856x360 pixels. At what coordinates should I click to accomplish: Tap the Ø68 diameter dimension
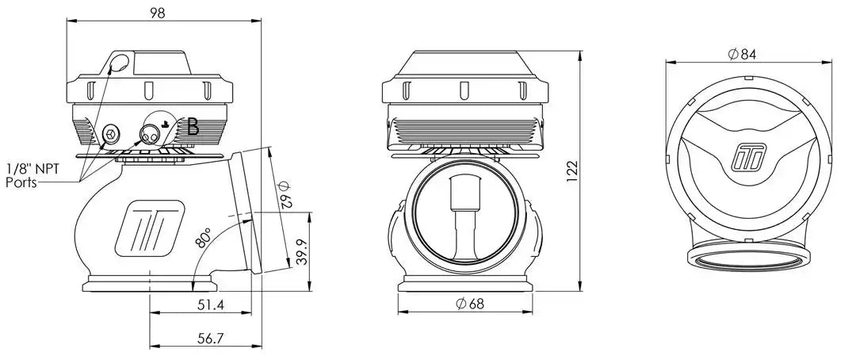click(x=470, y=304)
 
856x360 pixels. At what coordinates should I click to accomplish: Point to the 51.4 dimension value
click(x=211, y=305)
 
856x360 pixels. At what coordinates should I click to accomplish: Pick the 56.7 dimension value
click(x=211, y=339)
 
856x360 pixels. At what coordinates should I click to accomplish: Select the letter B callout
click(x=193, y=128)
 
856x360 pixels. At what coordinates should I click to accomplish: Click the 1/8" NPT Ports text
click(x=32, y=175)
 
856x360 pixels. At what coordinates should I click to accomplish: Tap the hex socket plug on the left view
click(x=110, y=133)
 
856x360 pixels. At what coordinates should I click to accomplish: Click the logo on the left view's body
click(x=148, y=229)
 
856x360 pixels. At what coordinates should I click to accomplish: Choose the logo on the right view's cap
click(x=748, y=157)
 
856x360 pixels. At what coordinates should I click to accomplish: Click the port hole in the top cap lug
click(x=120, y=63)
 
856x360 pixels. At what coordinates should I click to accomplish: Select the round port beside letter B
click(x=150, y=132)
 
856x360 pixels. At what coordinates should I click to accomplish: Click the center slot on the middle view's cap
click(x=464, y=90)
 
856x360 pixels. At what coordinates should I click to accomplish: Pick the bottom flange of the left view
click(x=149, y=284)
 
